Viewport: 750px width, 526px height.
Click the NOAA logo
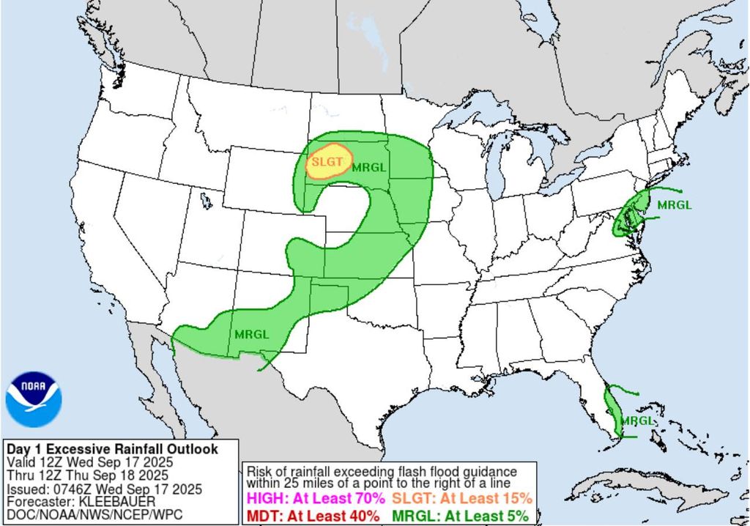click(34, 399)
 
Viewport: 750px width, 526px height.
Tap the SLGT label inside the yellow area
click(326, 160)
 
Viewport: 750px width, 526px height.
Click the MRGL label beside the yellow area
click(368, 167)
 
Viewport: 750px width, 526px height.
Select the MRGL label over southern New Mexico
click(251, 334)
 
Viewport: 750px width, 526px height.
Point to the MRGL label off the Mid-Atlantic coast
click(674, 204)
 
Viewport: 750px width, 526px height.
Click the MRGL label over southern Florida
click(636, 421)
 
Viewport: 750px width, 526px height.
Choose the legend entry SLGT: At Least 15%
click(461, 498)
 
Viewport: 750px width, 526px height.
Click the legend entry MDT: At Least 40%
click(313, 515)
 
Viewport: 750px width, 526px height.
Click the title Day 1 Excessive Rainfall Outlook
click(111, 449)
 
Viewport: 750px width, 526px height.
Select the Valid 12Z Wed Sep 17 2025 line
click(89, 462)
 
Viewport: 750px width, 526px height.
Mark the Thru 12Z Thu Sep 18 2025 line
click(89, 475)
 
